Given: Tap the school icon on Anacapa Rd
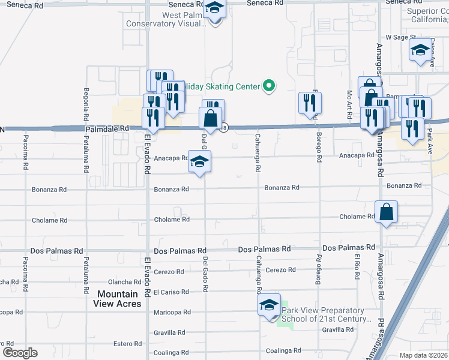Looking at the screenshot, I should [200, 161].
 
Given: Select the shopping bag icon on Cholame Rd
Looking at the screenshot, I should [387, 212].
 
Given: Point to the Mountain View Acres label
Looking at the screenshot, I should [118, 299].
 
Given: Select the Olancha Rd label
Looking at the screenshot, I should [124, 282].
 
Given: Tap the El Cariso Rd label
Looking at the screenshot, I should [171, 292].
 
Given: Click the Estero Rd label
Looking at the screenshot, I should [127, 344].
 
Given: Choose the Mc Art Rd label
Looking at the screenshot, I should [349, 103].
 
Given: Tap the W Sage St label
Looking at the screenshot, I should [400, 37].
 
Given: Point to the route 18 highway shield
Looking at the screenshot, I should [224, 127].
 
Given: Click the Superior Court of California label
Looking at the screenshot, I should [423, 15].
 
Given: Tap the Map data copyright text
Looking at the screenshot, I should [424, 355].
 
